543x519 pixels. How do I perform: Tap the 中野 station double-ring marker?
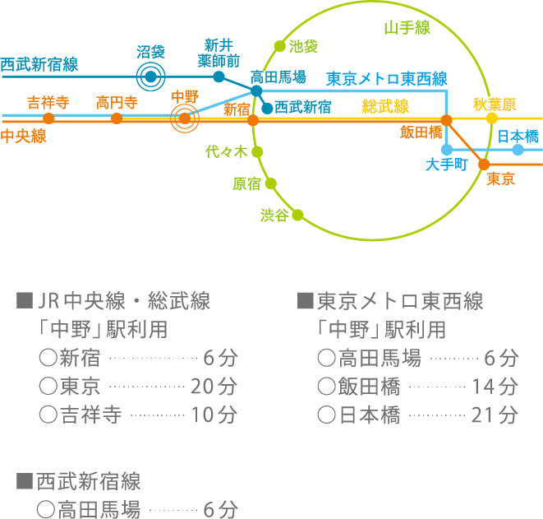pos(185,119)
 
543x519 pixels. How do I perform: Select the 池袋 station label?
pos(303,46)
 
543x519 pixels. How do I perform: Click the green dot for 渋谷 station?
pos(297,215)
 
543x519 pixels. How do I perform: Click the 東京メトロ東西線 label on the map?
pos(386,80)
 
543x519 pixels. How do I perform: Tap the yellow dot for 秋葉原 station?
pos(492,118)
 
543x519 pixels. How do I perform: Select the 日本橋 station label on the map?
pos(518,135)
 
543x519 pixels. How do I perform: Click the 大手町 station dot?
pos(447,150)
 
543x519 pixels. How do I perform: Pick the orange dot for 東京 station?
pos(484,165)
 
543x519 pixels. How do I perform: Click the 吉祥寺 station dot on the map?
pos(49,118)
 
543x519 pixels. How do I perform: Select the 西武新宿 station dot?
pos(267,108)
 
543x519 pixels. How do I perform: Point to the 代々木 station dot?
pos(257,151)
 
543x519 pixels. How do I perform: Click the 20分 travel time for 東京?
pos(213,386)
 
